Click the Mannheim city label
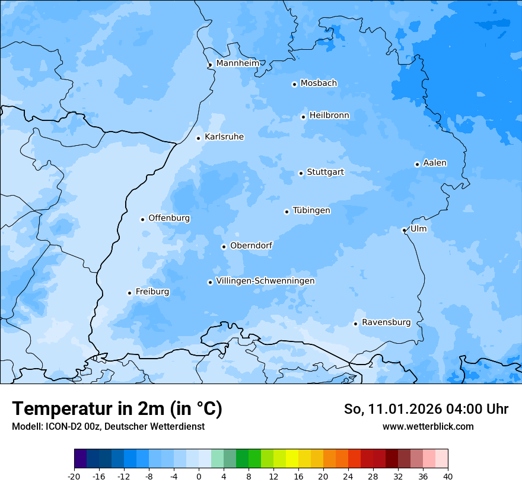pos(237,63)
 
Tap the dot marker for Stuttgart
pos(301,173)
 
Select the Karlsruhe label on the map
pos(224,137)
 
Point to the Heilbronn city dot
pos(303,117)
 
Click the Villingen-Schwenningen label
pos(265,281)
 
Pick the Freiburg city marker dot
pos(129,293)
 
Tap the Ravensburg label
pos(386,322)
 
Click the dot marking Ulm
pos(404,230)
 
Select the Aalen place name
pos(435,163)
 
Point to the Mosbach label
pos(319,84)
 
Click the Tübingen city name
pos(311,210)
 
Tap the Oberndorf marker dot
pos(224,247)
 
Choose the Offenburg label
pos(169,218)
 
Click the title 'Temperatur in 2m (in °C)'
pos(117,409)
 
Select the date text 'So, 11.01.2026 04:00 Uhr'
pos(426,409)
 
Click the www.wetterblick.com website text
pos(428,427)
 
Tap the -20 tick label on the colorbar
pos(74,477)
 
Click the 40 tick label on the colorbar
pos(448,477)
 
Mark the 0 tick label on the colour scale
pos(199,477)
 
